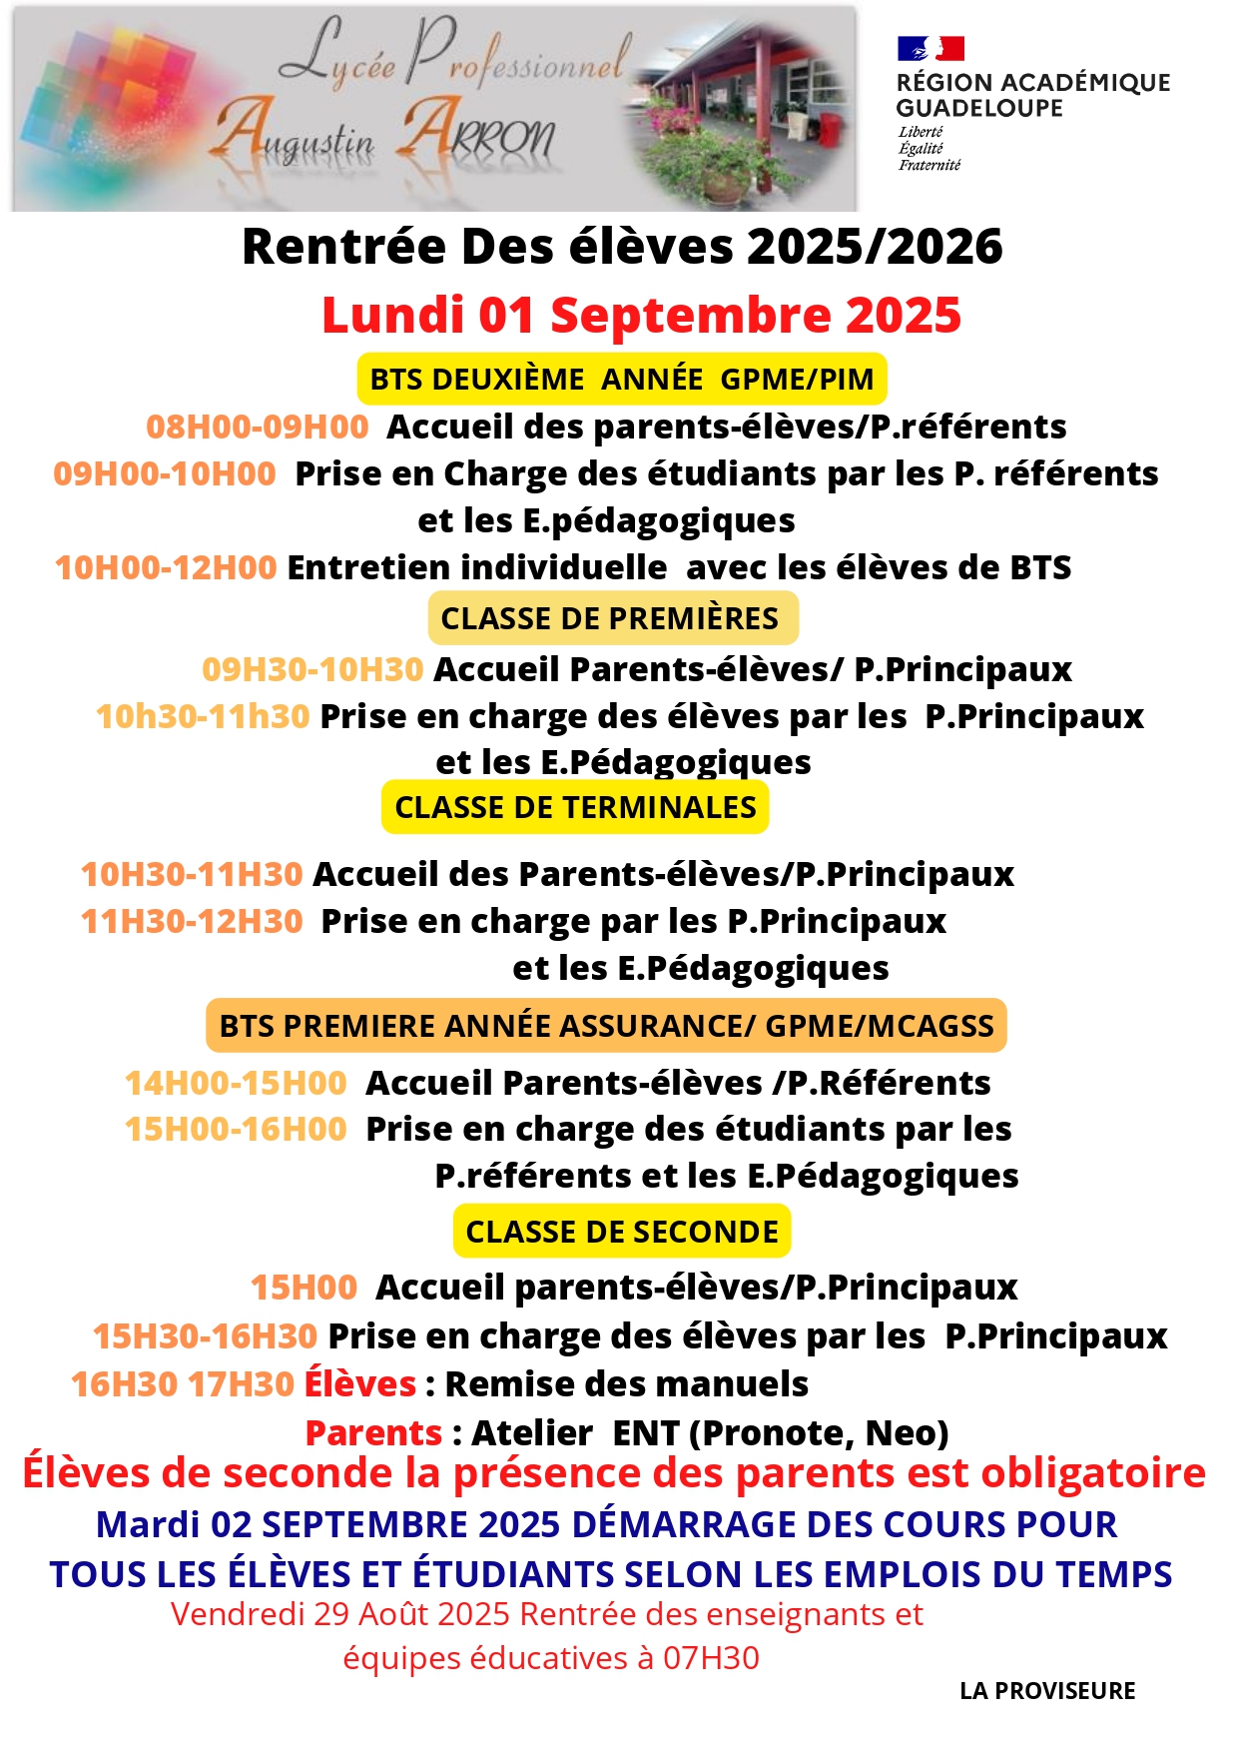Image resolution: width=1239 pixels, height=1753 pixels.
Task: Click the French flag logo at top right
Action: pos(929,48)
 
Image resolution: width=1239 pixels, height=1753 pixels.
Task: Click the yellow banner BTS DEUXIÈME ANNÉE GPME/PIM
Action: pos(621,380)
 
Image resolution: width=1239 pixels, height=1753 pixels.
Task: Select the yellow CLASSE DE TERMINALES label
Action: pos(575,807)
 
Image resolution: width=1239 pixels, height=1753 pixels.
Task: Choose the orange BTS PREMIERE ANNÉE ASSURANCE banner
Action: pos(606,1026)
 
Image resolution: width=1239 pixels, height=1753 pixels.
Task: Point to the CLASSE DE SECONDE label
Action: pos(621,1232)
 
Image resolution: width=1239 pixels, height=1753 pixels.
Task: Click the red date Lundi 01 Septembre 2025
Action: pos(641,315)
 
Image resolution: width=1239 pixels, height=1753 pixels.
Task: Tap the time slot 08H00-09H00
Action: pos(258,427)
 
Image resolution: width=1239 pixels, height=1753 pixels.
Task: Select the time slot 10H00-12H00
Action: pos(166,567)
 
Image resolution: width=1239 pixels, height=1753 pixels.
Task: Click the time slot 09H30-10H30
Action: pos(312,669)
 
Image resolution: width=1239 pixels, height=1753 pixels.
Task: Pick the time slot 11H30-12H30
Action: pos(192,921)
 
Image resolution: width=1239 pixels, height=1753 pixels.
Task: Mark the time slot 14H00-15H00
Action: pos(236,1083)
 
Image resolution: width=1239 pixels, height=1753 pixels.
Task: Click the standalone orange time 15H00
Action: pos(304,1288)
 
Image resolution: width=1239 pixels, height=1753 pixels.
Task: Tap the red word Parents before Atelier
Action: pos(373,1433)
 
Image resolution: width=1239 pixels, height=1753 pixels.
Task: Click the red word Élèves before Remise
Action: pos(360,1384)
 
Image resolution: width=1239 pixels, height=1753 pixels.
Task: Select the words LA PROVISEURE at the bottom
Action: pos(1047,1691)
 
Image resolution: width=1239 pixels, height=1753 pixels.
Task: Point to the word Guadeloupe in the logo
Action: pos(979,108)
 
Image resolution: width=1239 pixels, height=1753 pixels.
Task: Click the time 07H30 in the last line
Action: pos(711,1658)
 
